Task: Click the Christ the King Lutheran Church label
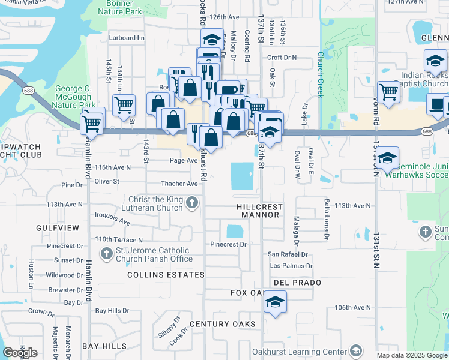pyautogui.click(x=155, y=203)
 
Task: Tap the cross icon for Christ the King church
pyautogui.click(x=192, y=202)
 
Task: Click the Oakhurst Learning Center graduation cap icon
pyautogui.click(x=356, y=352)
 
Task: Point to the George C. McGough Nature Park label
pyautogui.click(x=73, y=96)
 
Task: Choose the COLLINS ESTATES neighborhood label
pyautogui.click(x=166, y=275)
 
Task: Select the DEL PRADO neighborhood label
pyautogui.click(x=297, y=282)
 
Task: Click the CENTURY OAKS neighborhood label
pyautogui.click(x=223, y=324)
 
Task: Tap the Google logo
pyautogui.click(x=20, y=352)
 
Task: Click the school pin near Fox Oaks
pyautogui.click(x=274, y=302)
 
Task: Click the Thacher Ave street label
pyautogui.click(x=179, y=184)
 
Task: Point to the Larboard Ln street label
pyautogui.click(x=127, y=38)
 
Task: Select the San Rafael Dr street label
pyautogui.click(x=288, y=254)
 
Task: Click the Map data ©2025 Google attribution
pyautogui.click(x=412, y=355)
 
